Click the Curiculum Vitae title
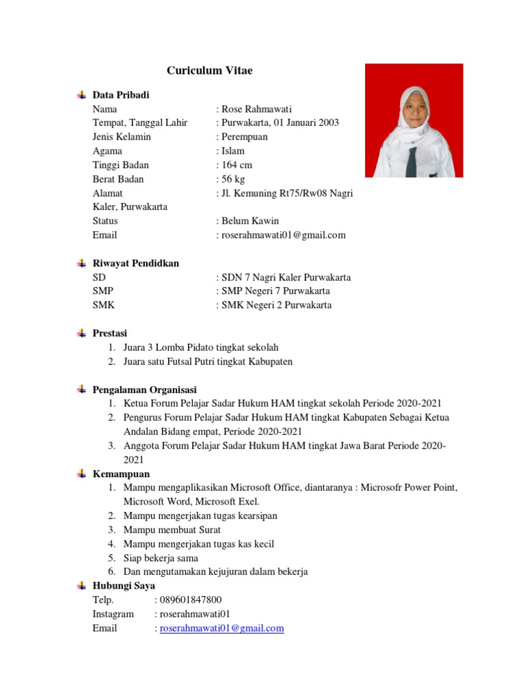tap(210, 70)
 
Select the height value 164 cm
tap(236, 165)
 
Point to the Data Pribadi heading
tap(121, 94)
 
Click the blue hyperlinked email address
tap(221, 628)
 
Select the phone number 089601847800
tap(191, 600)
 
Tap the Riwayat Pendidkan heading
tap(135, 263)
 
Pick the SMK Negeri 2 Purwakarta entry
tap(276, 306)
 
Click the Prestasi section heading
tap(110, 333)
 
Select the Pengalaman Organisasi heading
tap(144, 389)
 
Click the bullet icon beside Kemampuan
tap(81, 474)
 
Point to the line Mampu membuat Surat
tap(172, 530)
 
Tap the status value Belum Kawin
tap(250, 221)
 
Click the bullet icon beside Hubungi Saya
tap(81, 586)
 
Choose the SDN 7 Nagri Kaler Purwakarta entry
tap(286, 278)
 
